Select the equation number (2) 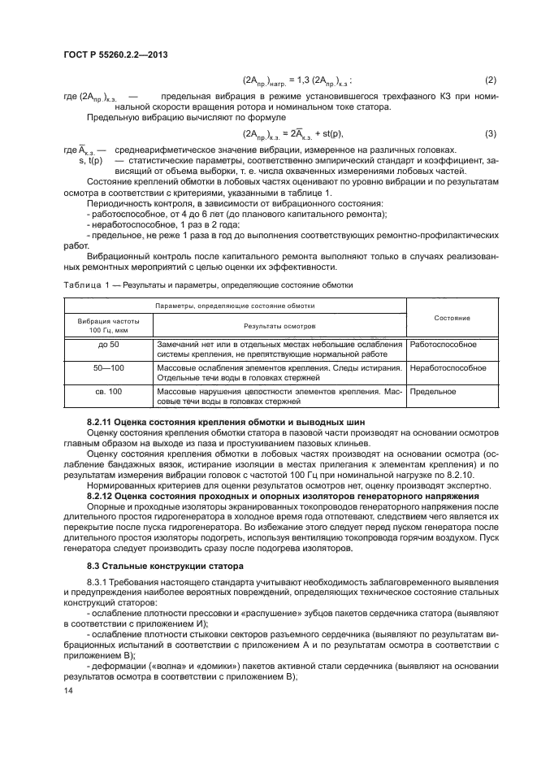[490, 80]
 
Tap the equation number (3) [490, 133]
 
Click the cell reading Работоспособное [443, 345]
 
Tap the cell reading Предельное [432, 392]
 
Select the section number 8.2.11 [102, 423]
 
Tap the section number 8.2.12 [102, 495]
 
